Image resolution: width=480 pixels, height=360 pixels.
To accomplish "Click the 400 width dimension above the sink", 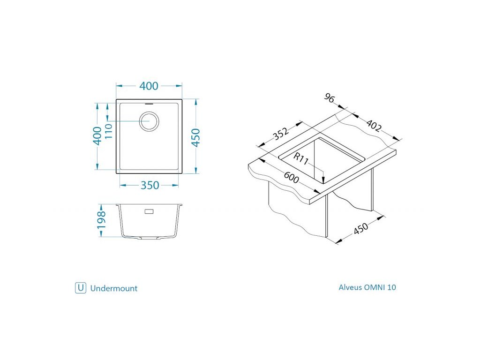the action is tap(149, 86).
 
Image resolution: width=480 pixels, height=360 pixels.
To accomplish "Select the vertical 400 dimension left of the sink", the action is tap(97, 136).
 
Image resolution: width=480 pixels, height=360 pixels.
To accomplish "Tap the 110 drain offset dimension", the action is tap(109, 131).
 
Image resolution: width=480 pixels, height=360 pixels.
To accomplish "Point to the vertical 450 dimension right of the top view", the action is tap(196, 137).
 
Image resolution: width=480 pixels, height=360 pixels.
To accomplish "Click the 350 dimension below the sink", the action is tap(150, 185).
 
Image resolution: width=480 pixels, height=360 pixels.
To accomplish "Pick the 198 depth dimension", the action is tap(101, 219).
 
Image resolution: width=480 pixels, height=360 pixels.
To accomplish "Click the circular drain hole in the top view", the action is tap(149, 121).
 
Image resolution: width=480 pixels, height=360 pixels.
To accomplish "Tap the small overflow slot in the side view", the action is tap(149, 211).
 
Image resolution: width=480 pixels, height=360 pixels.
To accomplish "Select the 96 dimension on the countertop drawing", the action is tap(330, 98).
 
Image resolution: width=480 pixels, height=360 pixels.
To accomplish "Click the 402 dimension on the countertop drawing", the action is tap(374, 125).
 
